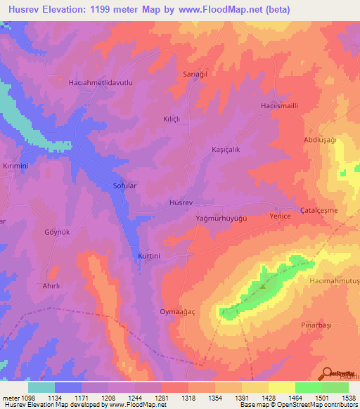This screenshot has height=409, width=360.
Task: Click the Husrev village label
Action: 181,202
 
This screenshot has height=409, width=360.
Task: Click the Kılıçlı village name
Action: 172,119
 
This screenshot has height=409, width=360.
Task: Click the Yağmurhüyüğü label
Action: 221,219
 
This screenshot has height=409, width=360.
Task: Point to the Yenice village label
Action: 281,217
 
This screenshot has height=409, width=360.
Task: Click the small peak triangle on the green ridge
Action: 263,286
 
